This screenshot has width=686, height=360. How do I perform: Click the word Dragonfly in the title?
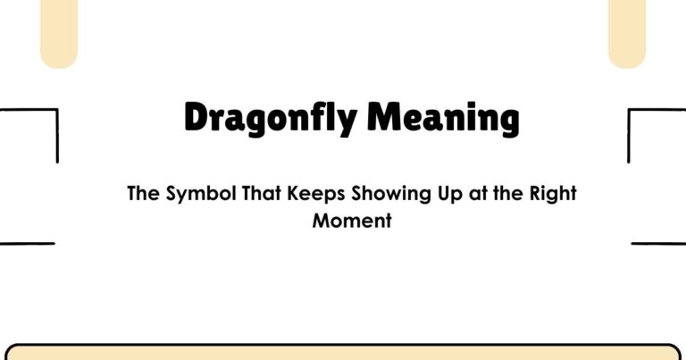point(270,119)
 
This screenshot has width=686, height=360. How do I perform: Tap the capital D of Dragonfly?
point(197,117)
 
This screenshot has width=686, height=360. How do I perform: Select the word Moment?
point(352,221)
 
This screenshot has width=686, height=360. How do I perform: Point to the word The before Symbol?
point(144,194)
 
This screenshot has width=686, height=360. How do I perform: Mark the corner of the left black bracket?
point(57,111)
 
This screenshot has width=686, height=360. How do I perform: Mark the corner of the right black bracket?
point(630,111)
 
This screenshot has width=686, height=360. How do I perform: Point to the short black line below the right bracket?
point(658,243)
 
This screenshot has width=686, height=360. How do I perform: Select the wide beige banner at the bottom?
point(343,352)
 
